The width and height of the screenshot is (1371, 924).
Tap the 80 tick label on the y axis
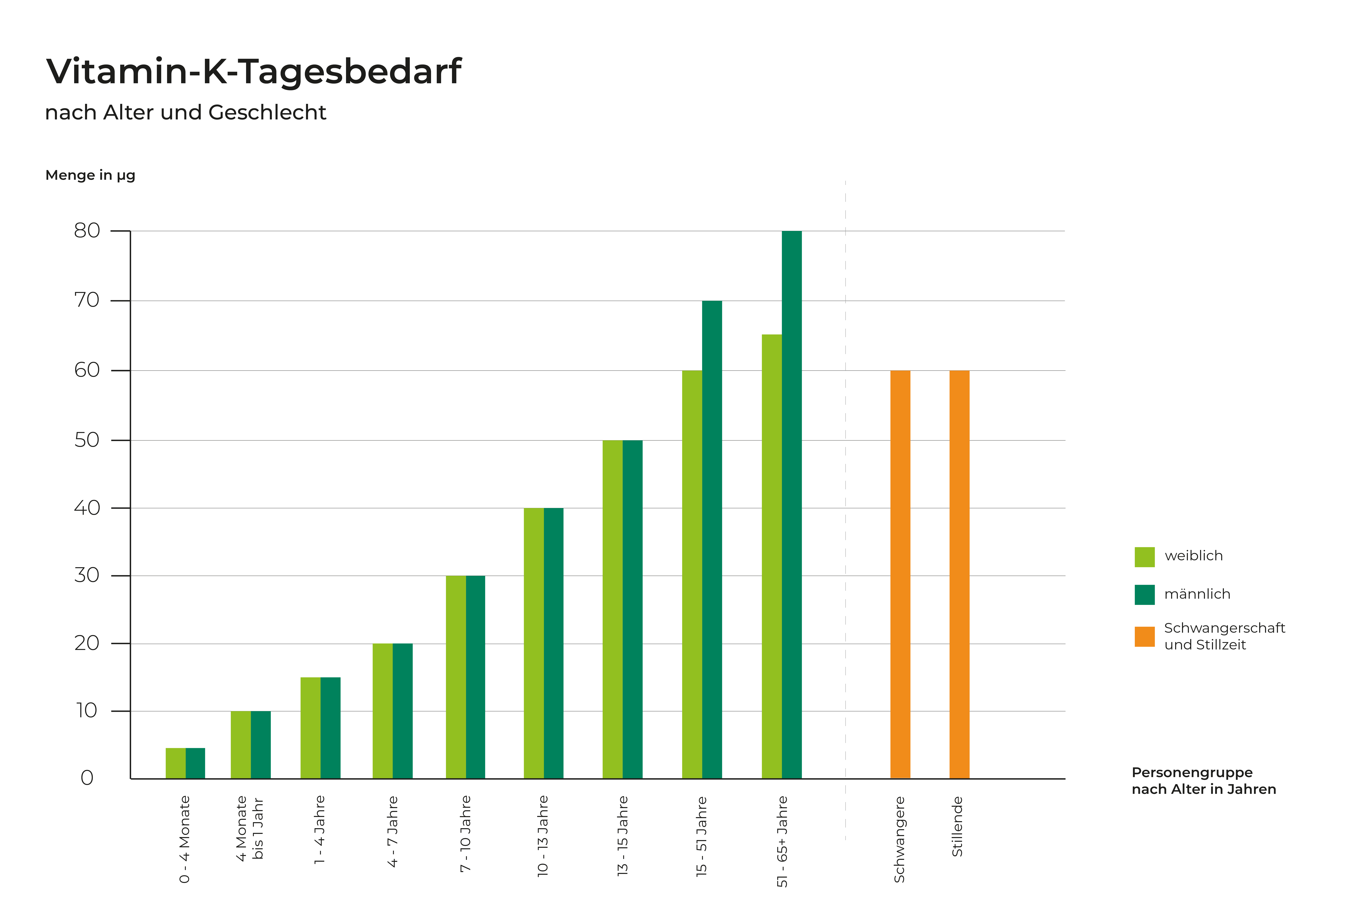pos(87,230)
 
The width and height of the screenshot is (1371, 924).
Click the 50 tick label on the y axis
pos(87,440)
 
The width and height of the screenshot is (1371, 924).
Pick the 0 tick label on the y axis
pos(87,778)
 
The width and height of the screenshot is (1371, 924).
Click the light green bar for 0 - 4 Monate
pos(175,763)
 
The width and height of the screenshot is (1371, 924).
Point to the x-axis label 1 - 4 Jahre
pos(319,830)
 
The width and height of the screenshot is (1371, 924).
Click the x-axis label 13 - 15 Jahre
pos(623,836)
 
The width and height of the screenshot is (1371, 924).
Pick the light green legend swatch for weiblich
pos(1144,557)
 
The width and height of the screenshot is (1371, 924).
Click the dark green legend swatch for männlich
pos(1144,595)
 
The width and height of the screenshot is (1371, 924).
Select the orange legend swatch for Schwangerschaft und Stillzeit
pos(1144,636)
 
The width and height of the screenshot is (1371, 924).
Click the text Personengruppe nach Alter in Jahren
pos(1203,781)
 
